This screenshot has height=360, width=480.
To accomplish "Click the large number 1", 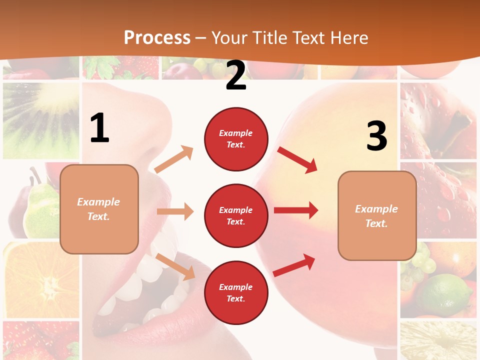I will pos(99,128).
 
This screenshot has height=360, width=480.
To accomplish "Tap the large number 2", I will pos(236,75).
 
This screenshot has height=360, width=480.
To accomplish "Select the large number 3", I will pos(376,136).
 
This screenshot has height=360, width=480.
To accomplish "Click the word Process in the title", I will pos(157,37).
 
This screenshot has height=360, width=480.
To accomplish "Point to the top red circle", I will pos(236,139).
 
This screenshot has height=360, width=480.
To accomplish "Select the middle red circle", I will pos(236,215).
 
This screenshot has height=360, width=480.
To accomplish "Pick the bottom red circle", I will pos(236,292).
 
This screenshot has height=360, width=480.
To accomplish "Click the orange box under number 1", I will pos(99,209).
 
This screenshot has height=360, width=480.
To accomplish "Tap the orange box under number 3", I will pos(377,215).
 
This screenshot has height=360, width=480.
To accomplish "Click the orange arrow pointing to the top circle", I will pos(174,159).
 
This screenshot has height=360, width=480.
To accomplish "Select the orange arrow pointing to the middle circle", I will pos(175,211).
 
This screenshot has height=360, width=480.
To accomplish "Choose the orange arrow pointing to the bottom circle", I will pos(175,266).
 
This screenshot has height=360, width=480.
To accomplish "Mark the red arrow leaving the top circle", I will pos(297,159).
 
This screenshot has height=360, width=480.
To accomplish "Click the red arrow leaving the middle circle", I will pos(296,210).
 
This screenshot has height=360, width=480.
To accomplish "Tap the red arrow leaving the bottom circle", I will pos(294,265).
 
